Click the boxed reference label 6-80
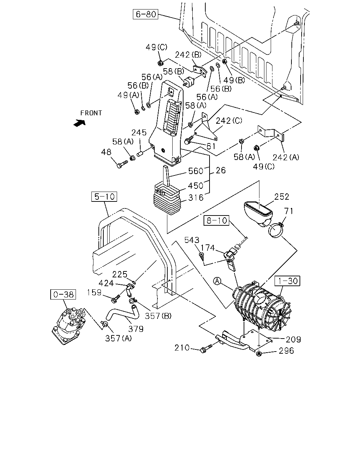pyautogui.click(x=146, y=14)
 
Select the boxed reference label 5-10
pyautogui.click(x=104, y=197)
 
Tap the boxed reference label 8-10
pyautogui.click(x=217, y=220)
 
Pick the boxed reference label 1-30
pyautogui.click(x=288, y=281)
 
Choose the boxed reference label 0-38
pyautogui.click(x=63, y=294)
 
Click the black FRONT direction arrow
pyautogui.click(x=80, y=123)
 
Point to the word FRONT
pyautogui.click(x=91, y=113)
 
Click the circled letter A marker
pyautogui.click(x=217, y=281)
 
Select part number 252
pyautogui.click(x=282, y=197)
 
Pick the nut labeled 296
pyautogui.click(x=259, y=354)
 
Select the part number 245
pyautogui.click(x=139, y=133)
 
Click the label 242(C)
pyautogui.click(x=229, y=121)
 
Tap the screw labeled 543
pyautogui.click(x=202, y=256)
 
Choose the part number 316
pyautogui.click(x=196, y=198)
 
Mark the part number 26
pyautogui.click(x=221, y=171)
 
